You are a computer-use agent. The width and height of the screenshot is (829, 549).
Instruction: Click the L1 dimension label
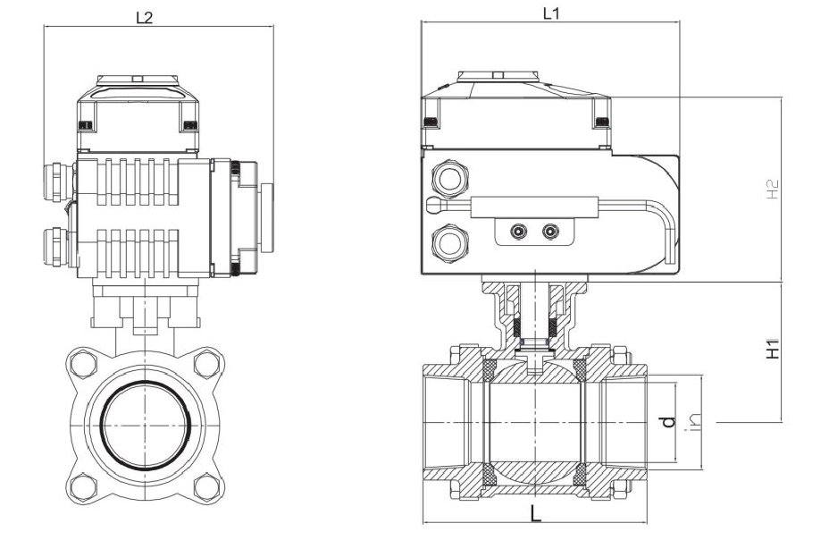(551, 13)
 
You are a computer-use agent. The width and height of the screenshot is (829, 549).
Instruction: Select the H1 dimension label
(775, 349)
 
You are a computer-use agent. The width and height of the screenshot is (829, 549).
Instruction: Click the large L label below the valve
(535, 514)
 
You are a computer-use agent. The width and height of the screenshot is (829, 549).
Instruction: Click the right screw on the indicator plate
(549, 232)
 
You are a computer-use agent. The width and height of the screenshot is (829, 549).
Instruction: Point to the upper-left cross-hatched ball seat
(490, 367)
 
